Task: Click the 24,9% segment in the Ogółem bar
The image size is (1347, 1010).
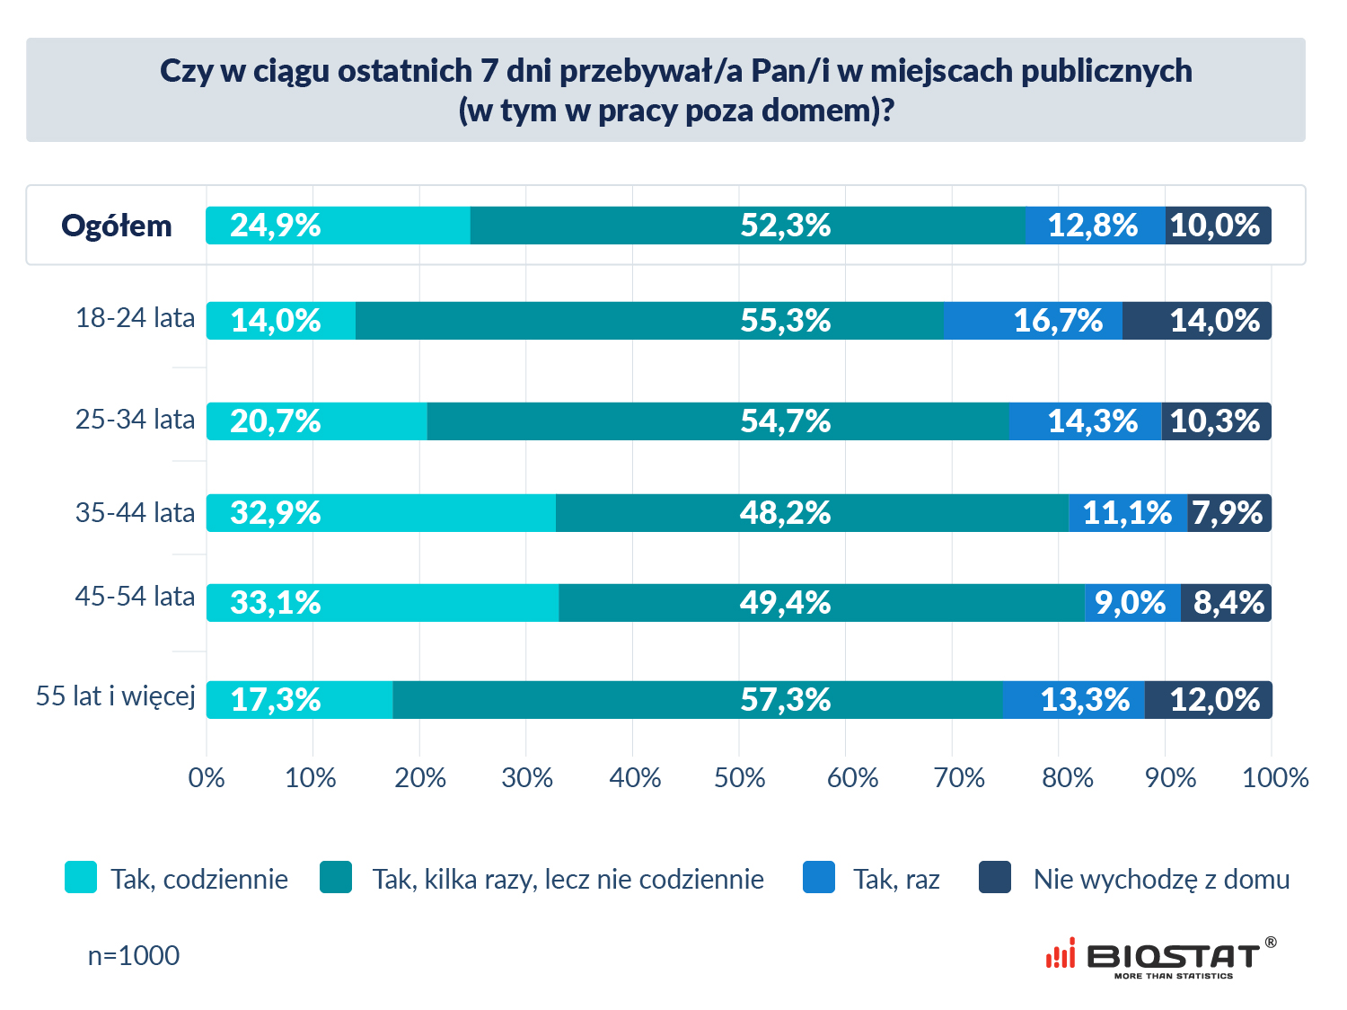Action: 338,226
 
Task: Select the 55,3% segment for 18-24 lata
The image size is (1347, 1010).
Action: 649,321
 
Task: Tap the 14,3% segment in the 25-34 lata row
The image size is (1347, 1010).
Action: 1085,421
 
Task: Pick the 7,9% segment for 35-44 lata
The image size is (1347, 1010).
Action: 1228,513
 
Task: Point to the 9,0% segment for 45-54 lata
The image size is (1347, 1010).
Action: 1132,603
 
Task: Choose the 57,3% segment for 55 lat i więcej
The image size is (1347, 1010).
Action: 697,700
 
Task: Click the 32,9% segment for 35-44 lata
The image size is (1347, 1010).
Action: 381,513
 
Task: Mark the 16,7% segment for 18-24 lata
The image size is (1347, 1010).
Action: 1033,321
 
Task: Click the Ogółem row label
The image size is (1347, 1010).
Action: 117,226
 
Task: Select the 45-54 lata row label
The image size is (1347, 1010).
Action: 135,597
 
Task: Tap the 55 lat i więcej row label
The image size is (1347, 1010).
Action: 116,696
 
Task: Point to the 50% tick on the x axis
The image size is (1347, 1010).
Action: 740,778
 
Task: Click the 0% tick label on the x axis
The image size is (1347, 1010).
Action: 207,778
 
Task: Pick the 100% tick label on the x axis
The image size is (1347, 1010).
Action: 1275,778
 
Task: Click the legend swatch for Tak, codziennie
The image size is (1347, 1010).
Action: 81,878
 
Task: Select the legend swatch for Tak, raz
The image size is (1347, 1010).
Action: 819,878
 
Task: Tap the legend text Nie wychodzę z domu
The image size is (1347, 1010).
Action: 1161,880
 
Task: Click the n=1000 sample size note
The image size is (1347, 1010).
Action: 134,955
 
